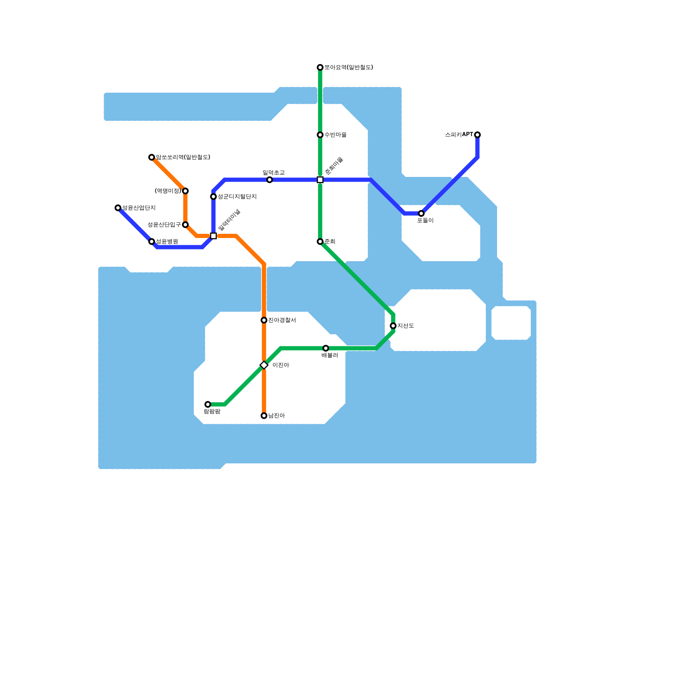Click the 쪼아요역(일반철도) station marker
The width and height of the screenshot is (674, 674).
point(320,67)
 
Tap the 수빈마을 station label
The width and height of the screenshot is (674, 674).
point(335,135)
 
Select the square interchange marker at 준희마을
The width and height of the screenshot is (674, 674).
point(320,180)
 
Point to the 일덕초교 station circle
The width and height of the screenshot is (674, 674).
point(270,180)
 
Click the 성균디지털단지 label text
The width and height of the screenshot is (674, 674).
point(237,197)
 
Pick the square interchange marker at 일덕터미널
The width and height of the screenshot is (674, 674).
point(214,236)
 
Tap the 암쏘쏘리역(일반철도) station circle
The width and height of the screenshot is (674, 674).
point(152,158)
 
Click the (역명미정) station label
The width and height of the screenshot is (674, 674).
point(168,191)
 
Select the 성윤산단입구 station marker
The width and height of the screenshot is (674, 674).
point(185,225)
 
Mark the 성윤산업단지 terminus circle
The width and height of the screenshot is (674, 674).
point(118,208)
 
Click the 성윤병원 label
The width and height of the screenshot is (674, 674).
point(167,242)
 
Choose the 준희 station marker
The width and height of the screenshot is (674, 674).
point(320,242)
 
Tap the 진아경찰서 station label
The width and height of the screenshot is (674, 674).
point(282,320)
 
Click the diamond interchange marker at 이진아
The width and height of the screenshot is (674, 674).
point(264,365)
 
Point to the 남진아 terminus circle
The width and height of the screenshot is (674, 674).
point(264,416)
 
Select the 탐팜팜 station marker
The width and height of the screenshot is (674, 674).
point(208,404)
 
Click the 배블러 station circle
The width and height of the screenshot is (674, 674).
point(326,348)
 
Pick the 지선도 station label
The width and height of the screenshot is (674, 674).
point(406,326)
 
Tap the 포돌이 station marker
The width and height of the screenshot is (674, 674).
point(421,214)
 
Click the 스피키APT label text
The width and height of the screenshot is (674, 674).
point(459,135)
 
